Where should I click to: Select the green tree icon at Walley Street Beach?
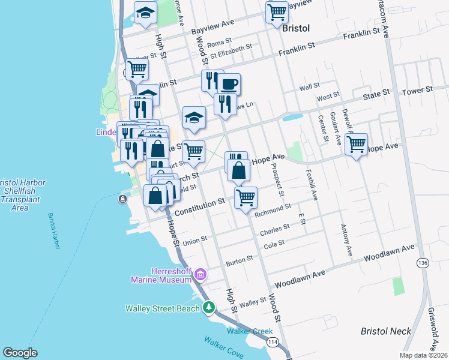coord(208,308)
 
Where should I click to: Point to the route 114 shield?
coord(273,342)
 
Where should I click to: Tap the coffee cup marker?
coord(229,84)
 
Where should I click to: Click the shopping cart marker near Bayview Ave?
coord(277,12)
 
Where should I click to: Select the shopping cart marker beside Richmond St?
coord(246,197)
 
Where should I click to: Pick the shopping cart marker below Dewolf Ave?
coord(357,144)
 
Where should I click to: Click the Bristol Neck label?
coord(386,331)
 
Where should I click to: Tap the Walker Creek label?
coord(250,331)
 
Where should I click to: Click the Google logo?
coord(20,353)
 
